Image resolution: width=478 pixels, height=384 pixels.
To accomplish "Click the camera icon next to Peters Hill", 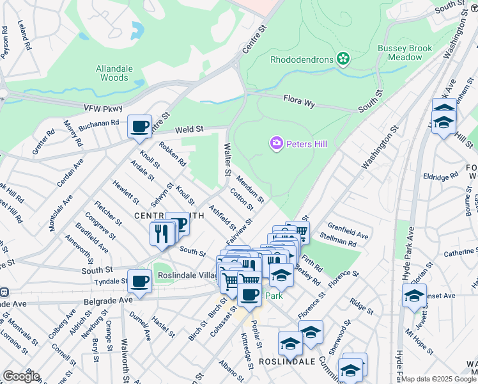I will (277, 143).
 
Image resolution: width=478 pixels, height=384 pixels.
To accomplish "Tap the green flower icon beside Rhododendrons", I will (344, 60).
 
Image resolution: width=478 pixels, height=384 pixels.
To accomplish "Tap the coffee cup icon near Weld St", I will (139, 127).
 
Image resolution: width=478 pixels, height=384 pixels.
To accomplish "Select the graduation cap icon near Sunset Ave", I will (414, 296).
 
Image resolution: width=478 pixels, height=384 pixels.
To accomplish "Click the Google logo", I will (20, 376).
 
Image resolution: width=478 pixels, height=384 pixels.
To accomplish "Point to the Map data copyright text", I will (438, 379).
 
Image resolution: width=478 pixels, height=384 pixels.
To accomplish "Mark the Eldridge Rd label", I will (440, 175).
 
